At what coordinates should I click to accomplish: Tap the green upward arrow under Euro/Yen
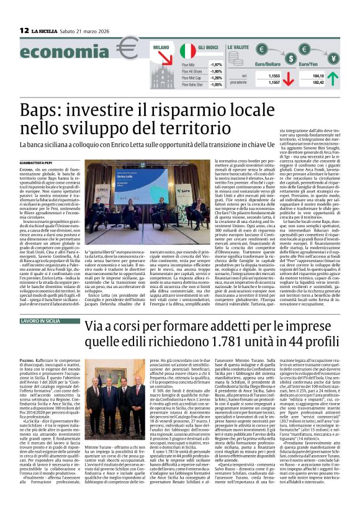click(x=333, y=78)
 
